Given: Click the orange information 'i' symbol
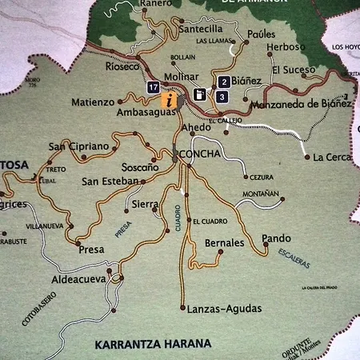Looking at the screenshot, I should (x=169, y=100).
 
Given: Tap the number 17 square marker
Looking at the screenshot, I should (x=153, y=87).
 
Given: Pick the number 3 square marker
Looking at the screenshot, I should (x=221, y=96).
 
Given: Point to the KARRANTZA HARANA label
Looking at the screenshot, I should (x=152, y=345).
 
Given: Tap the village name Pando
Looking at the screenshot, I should (x=276, y=238).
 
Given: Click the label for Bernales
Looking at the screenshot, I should (x=224, y=242).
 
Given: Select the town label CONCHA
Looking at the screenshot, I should (x=200, y=154).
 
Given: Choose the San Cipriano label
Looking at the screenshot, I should (x=78, y=146).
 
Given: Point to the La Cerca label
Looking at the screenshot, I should (x=332, y=157).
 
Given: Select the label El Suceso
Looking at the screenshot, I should (x=294, y=70).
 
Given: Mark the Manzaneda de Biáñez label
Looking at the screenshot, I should (x=301, y=103).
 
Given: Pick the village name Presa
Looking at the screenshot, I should (x=91, y=250).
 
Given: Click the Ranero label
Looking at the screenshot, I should (x=156, y=3).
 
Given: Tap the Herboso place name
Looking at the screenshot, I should (x=286, y=47).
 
